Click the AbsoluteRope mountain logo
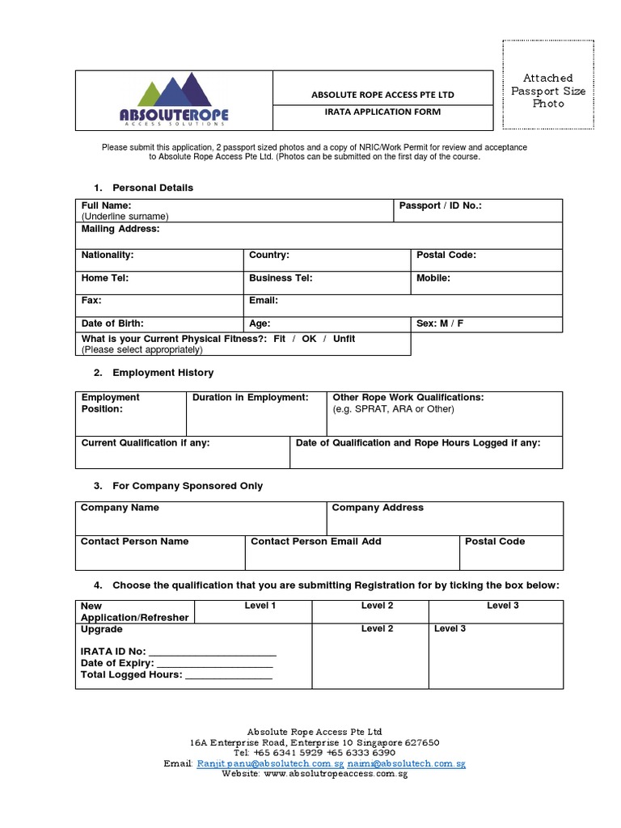[x=174, y=100]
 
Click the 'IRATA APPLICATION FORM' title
[x=382, y=112]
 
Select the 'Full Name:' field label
[x=106, y=206]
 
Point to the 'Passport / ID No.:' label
[x=440, y=206]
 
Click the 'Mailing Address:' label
[x=120, y=229]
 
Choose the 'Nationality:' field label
[x=108, y=255]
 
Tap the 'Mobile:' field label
[x=433, y=277]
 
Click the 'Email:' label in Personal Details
[x=264, y=300]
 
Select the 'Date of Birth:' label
[x=112, y=323]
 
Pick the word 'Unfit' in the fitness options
[x=344, y=339]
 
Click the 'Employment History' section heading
[x=163, y=373]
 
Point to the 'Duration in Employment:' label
[x=251, y=397]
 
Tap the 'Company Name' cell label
[x=120, y=508]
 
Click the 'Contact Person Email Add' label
[x=316, y=541]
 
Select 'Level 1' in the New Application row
[x=260, y=606]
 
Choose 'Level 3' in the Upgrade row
[x=450, y=628]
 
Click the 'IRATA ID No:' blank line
[x=213, y=652]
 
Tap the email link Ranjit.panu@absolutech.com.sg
[x=270, y=763]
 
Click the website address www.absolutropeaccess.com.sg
[x=335, y=774]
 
